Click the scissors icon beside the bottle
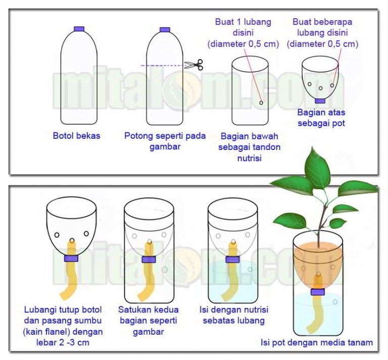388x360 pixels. (194, 65)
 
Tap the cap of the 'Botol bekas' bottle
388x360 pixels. (79, 29)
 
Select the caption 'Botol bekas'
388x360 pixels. (76, 136)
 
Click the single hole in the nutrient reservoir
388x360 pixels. (261, 102)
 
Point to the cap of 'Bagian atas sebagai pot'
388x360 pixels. (320, 100)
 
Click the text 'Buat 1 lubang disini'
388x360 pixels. (243, 27)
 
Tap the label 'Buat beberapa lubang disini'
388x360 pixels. (322, 27)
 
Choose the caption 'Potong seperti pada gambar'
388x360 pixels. (165, 141)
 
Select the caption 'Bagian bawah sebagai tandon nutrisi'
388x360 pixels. (250, 147)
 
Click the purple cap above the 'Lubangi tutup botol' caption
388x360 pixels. (71, 259)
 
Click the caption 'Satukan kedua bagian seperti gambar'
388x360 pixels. (148, 321)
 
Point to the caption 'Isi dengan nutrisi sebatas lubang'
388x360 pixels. (234, 315)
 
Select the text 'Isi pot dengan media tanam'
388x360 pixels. (317, 343)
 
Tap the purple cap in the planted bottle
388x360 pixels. (318, 292)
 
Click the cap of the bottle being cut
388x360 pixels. (165, 30)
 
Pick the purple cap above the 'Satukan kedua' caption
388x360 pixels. (149, 260)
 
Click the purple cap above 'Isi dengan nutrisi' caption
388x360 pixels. (232, 260)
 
